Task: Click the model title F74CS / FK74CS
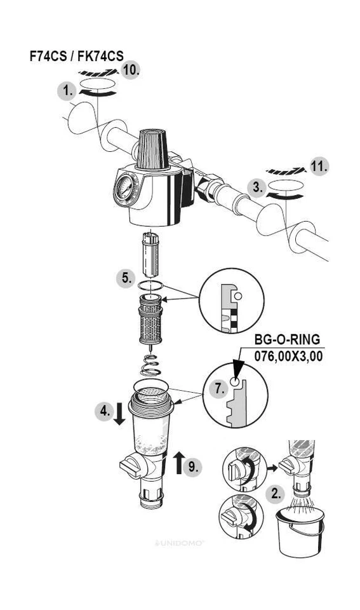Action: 77,56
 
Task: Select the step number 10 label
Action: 130,71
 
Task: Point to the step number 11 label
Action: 319,167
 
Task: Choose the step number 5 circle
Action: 126,278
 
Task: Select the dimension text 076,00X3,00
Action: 288,356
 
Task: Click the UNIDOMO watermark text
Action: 180,543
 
